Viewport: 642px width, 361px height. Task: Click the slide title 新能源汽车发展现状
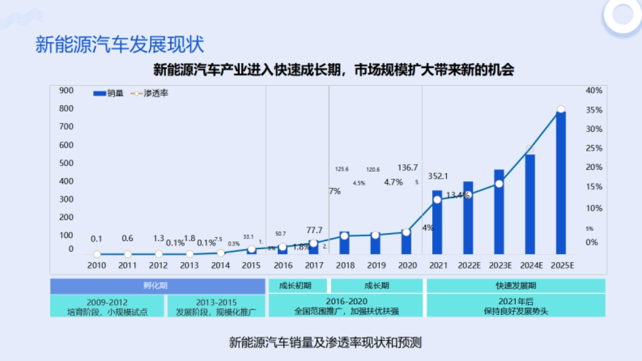tap(120, 44)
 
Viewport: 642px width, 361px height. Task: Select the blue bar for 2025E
tap(561, 182)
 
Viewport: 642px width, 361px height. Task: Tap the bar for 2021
tap(437, 221)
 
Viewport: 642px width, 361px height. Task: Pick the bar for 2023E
tap(499, 211)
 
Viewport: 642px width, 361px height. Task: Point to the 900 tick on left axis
tap(66, 90)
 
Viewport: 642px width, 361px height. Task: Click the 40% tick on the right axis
tap(594, 90)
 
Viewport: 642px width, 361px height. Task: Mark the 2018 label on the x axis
tap(345, 265)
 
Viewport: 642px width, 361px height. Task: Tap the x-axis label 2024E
tap(530, 265)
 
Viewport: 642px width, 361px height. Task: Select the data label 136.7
tap(408, 167)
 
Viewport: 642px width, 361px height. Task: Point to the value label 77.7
tap(314, 230)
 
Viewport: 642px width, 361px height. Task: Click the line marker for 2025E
tap(561, 109)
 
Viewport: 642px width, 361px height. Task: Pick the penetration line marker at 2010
tap(97, 254)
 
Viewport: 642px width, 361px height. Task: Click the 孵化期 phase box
tap(158, 286)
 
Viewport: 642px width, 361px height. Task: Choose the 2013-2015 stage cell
tap(216, 306)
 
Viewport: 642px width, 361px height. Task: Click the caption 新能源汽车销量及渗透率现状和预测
tap(325, 343)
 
